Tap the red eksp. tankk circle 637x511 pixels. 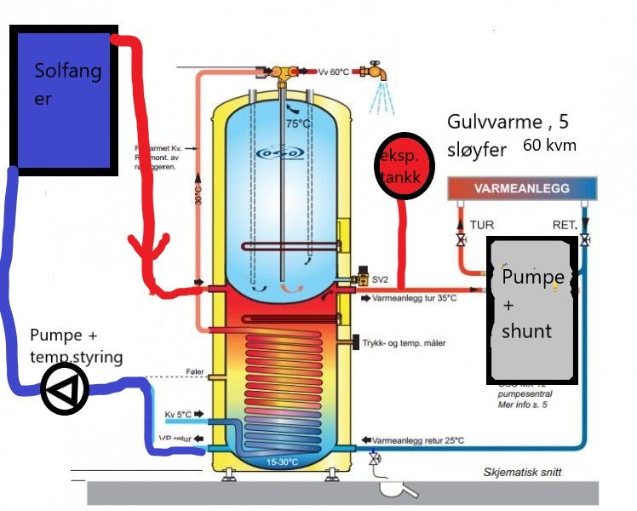coord(399,167)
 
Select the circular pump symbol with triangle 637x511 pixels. coord(64,390)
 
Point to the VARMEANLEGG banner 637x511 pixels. coord(522,187)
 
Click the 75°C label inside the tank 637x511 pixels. coord(297,123)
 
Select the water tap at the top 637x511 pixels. coord(374,74)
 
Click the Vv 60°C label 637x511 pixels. coord(334,72)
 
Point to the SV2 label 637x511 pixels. coord(380,279)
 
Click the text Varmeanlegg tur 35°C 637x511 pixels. coord(415,300)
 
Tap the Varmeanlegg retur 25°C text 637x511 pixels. coord(419,440)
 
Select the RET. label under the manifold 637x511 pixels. coord(565,225)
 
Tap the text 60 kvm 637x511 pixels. coord(549,146)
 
